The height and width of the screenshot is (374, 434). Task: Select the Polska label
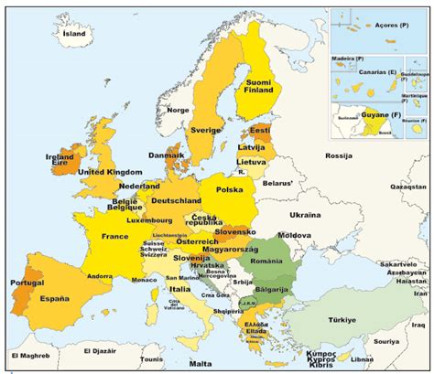click(x=229, y=189)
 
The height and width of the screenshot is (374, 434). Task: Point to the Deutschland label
click(x=176, y=200)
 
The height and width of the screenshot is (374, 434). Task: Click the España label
click(x=54, y=299)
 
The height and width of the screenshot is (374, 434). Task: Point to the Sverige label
click(x=206, y=130)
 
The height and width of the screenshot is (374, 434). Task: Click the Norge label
click(x=178, y=110)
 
